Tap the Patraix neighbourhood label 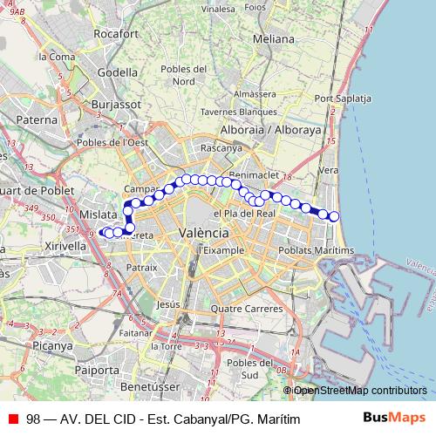[x=141, y=267]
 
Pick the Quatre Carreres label [x=241, y=308]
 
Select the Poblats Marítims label [x=316, y=250]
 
